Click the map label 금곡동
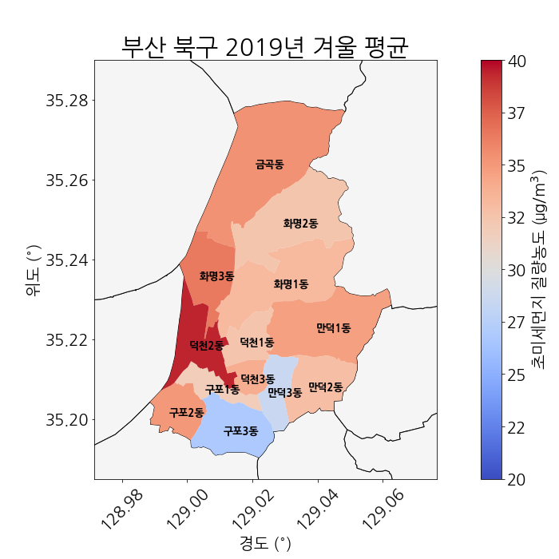(269, 165)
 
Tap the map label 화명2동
(300, 224)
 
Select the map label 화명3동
(216, 276)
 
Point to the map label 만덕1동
(333, 327)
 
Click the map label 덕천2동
(206, 346)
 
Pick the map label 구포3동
(240, 431)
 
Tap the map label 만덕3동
(284, 392)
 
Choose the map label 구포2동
(186, 413)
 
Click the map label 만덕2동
(325, 387)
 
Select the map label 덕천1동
(257, 342)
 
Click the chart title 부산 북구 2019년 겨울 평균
(265, 46)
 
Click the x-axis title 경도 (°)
(265, 544)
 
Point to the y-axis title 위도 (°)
(33, 271)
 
